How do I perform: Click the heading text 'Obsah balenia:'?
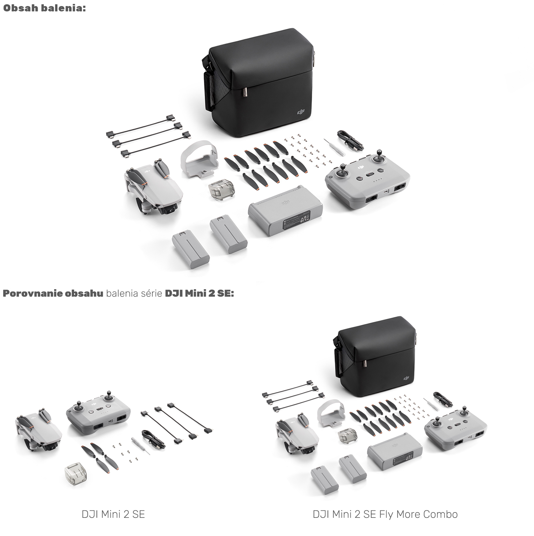pyautogui.click(x=44, y=8)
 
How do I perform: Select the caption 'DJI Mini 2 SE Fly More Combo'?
pyautogui.click(x=385, y=514)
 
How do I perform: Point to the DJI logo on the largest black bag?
pyautogui.click(x=301, y=113)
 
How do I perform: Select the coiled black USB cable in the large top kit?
pyautogui.click(x=350, y=140)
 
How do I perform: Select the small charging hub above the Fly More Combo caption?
pyautogui.click(x=394, y=452)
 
